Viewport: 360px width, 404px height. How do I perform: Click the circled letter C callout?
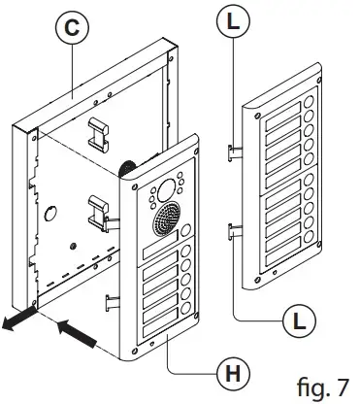coord(72,28)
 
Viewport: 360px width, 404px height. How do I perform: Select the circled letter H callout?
coord(233,375)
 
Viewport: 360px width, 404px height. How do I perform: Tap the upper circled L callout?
coord(233,21)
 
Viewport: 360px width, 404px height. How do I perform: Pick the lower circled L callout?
coord(299,322)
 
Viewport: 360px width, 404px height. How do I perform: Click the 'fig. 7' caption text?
coord(323,387)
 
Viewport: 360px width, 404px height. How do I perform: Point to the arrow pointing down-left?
coord(18,320)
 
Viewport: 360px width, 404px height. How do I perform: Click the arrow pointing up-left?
coord(77,333)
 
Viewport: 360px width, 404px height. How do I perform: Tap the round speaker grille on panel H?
coord(167,216)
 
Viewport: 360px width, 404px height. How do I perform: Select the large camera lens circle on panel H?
coord(166,190)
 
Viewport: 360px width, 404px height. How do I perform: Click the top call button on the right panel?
coord(309,102)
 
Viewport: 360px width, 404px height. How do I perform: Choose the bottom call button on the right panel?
coord(310,237)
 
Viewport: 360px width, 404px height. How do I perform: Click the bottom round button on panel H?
coord(185,308)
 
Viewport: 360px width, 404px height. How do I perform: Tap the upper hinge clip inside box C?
coord(99,135)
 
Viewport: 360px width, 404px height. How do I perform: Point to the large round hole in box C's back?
coord(50,214)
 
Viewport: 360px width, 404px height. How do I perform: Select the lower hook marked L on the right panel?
coord(235,231)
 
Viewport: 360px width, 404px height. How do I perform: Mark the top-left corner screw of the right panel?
coord(257,116)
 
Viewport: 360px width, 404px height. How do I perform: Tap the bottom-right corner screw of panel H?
coord(195,314)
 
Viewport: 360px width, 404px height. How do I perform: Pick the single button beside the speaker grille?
coord(185,231)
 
